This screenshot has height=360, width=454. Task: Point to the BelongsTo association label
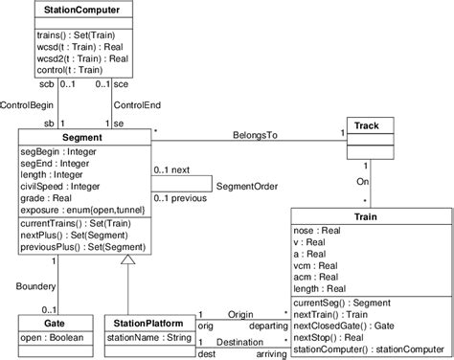pyautogui.click(x=257, y=136)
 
